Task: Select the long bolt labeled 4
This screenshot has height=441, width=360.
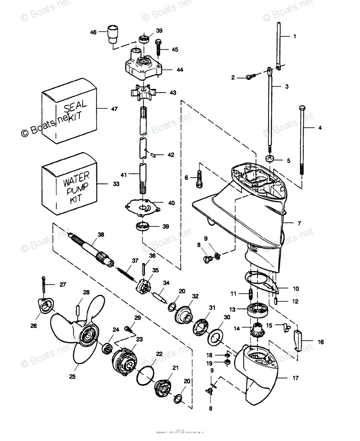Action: click(x=302, y=140)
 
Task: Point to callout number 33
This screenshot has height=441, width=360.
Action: click(x=116, y=184)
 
